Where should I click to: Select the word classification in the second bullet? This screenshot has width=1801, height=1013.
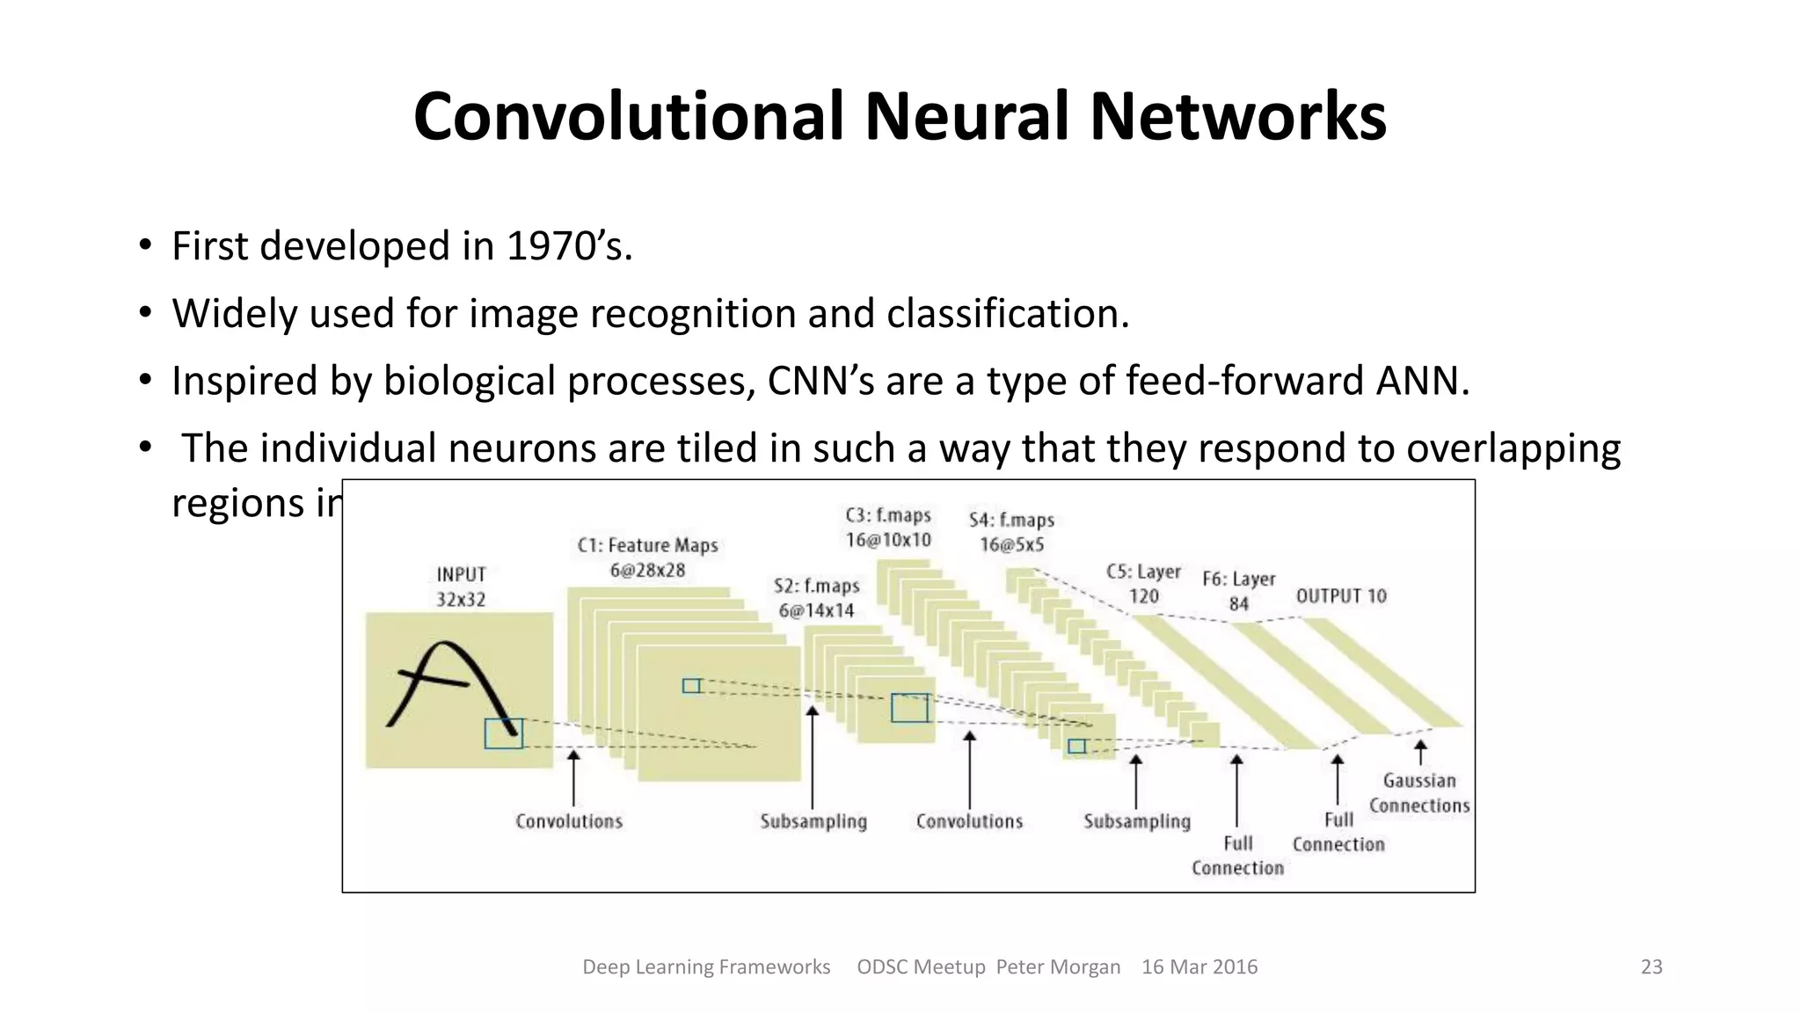1006,314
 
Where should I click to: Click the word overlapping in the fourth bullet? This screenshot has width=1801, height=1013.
1513,448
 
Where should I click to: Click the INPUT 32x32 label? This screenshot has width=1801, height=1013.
461,587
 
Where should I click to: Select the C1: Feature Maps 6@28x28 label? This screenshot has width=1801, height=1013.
647,558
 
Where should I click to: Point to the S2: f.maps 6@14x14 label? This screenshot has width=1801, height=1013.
816,598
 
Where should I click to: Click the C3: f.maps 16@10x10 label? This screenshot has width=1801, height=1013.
888,528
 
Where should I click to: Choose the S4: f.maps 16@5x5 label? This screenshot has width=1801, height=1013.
1011,532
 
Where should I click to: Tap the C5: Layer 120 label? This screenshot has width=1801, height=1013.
1143,584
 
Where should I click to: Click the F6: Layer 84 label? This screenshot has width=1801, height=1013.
1238,591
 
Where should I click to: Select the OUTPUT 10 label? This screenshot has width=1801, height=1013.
1341,596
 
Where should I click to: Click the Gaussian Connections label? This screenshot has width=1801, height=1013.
1418,793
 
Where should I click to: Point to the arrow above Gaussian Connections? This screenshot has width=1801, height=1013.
1420,752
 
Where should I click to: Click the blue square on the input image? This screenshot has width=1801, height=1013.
503,733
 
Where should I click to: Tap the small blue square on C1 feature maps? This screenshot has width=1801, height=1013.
691,686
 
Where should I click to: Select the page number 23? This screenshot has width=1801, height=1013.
1652,967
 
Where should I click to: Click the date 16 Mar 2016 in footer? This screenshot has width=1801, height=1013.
1199,967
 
